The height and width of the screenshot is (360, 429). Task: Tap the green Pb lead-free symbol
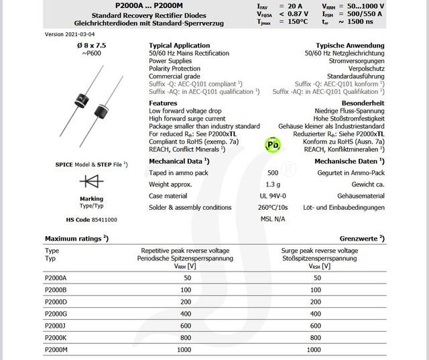[272, 144]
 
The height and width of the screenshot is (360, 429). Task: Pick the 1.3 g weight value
[272, 184]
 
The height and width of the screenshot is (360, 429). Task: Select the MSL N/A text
[272, 219]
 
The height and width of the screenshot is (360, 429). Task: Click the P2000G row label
[56, 313]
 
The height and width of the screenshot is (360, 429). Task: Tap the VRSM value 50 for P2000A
[318, 277]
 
